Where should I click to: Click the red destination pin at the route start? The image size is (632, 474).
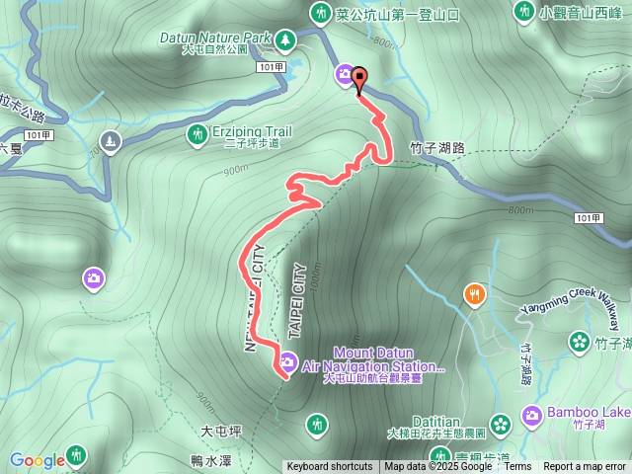pos(358,78)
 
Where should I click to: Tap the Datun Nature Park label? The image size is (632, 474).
pos(214,38)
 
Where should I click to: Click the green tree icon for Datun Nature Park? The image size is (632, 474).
pos(285,39)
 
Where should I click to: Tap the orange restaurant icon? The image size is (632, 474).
pos(475,294)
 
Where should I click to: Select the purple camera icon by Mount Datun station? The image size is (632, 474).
pos(287,360)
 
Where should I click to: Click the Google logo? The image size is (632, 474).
pos(37,460)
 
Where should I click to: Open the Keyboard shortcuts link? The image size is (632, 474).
pos(330,467)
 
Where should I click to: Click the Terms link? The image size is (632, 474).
pos(517,467)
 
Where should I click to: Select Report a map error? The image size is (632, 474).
pos(585,467)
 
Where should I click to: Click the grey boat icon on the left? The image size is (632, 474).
pos(110,142)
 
